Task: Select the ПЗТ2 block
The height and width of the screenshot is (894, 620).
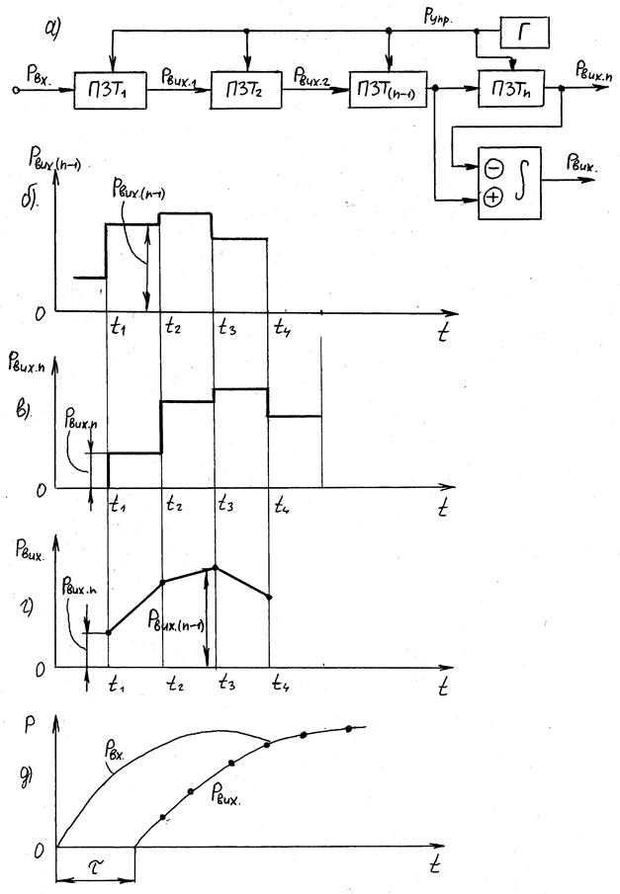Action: pyautogui.click(x=242, y=93)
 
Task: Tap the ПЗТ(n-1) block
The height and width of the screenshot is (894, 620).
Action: pyautogui.click(x=388, y=93)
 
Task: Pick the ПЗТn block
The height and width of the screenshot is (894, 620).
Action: pyautogui.click(x=512, y=92)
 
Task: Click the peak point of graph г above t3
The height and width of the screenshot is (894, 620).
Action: pyautogui.click(x=217, y=566)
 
